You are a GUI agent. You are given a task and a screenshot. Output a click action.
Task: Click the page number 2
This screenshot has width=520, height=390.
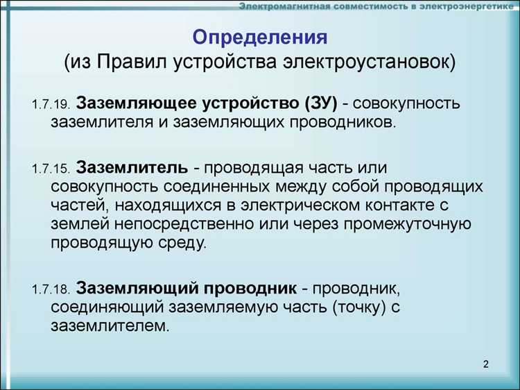[485, 365]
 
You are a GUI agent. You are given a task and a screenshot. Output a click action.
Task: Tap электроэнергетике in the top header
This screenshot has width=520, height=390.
[462, 7]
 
